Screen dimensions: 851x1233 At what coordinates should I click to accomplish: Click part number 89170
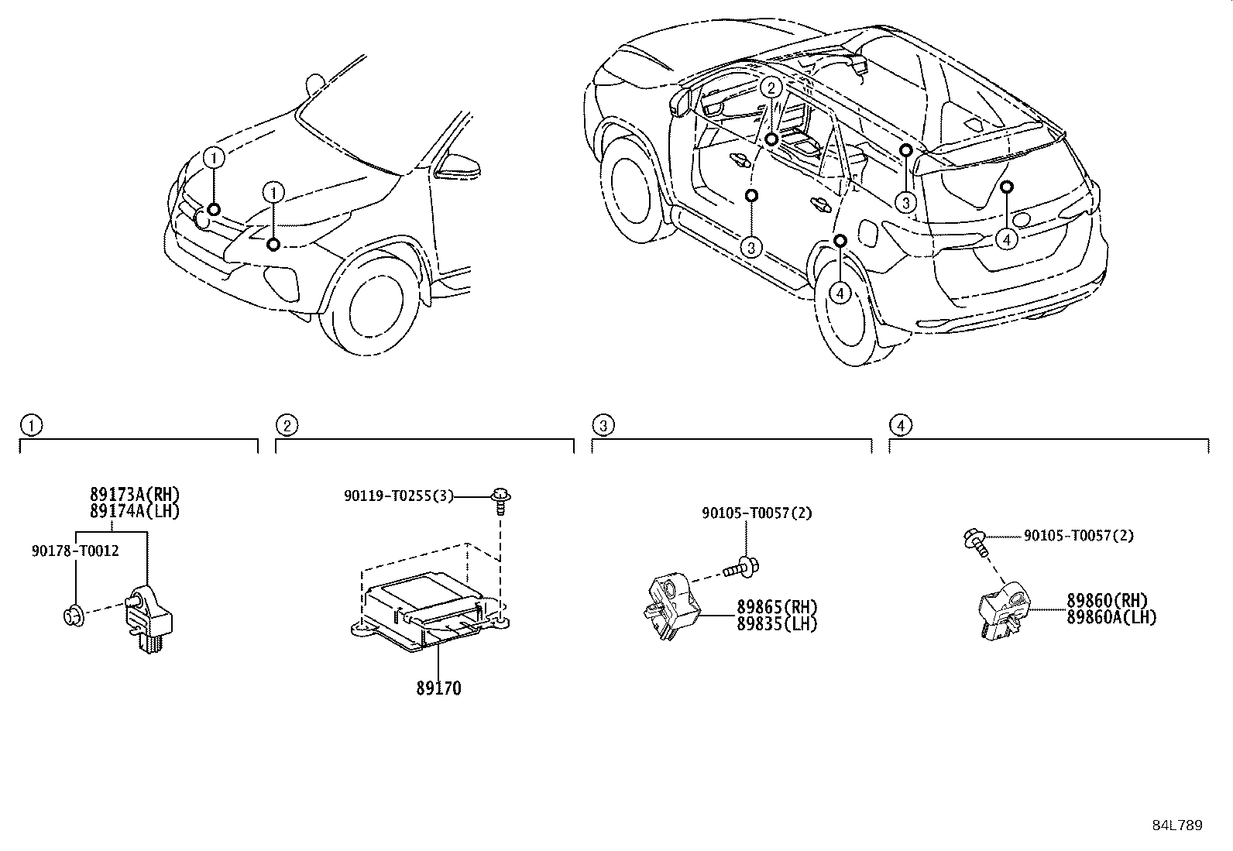[x=438, y=688]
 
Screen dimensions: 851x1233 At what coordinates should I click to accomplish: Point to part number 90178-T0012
[x=76, y=551]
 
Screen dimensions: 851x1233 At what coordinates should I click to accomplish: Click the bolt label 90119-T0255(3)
[x=399, y=496]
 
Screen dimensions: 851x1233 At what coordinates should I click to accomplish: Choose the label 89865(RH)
[x=776, y=607]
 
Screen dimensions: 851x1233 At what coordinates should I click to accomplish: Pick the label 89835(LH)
[x=776, y=623]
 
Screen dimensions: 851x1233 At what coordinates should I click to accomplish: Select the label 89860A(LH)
[x=1111, y=617]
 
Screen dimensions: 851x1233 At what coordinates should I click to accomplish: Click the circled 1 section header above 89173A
[x=31, y=425]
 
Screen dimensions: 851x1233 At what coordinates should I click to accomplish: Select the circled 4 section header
[x=901, y=425]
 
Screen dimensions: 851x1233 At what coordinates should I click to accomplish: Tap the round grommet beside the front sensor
[x=73, y=616]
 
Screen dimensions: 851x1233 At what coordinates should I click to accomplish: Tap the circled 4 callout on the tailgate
[x=1006, y=240]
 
